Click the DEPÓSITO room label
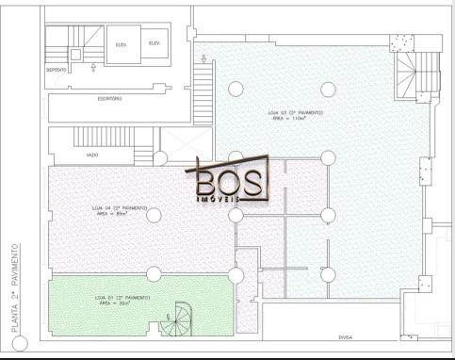(57, 71)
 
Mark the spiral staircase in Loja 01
(176, 321)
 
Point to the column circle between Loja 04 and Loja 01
(153, 273)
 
